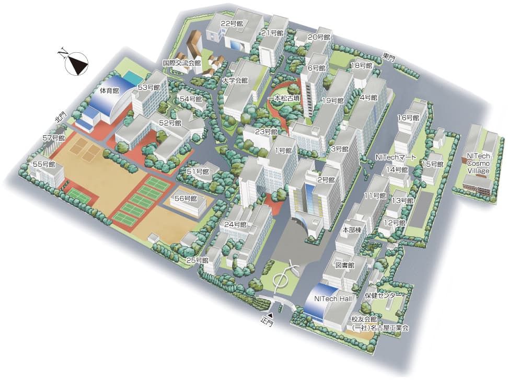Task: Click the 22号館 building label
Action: coord(232,24)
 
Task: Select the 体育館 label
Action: coord(109,90)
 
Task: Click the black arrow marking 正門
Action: coord(271,315)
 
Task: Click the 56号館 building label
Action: coord(186,199)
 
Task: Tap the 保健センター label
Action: coord(383,296)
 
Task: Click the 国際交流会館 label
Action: coord(182,62)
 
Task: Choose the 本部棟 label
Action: coord(352,229)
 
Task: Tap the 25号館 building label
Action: coord(198,260)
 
